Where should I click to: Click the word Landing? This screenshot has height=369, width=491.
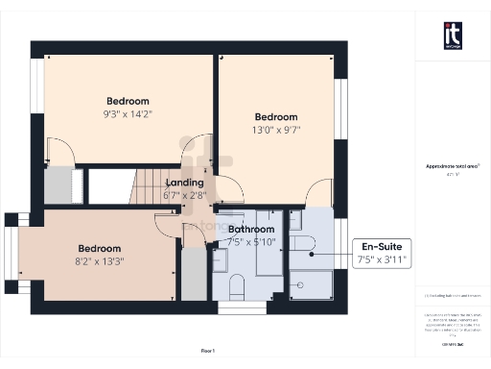(x=184, y=183)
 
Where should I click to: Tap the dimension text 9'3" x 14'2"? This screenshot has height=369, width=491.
(x=128, y=113)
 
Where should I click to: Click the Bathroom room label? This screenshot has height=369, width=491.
(x=251, y=230)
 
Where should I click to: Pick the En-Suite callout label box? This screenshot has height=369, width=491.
(x=381, y=252)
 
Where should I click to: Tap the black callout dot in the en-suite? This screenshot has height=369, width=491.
(x=313, y=254)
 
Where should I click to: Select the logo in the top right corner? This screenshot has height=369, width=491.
(x=452, y=36)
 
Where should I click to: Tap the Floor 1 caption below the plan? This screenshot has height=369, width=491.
(x=208, y=351)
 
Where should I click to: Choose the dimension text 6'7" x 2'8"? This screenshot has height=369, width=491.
(x=184, y=195)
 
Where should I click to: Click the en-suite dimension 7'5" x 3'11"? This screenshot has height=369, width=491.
(x=381, y=259)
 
